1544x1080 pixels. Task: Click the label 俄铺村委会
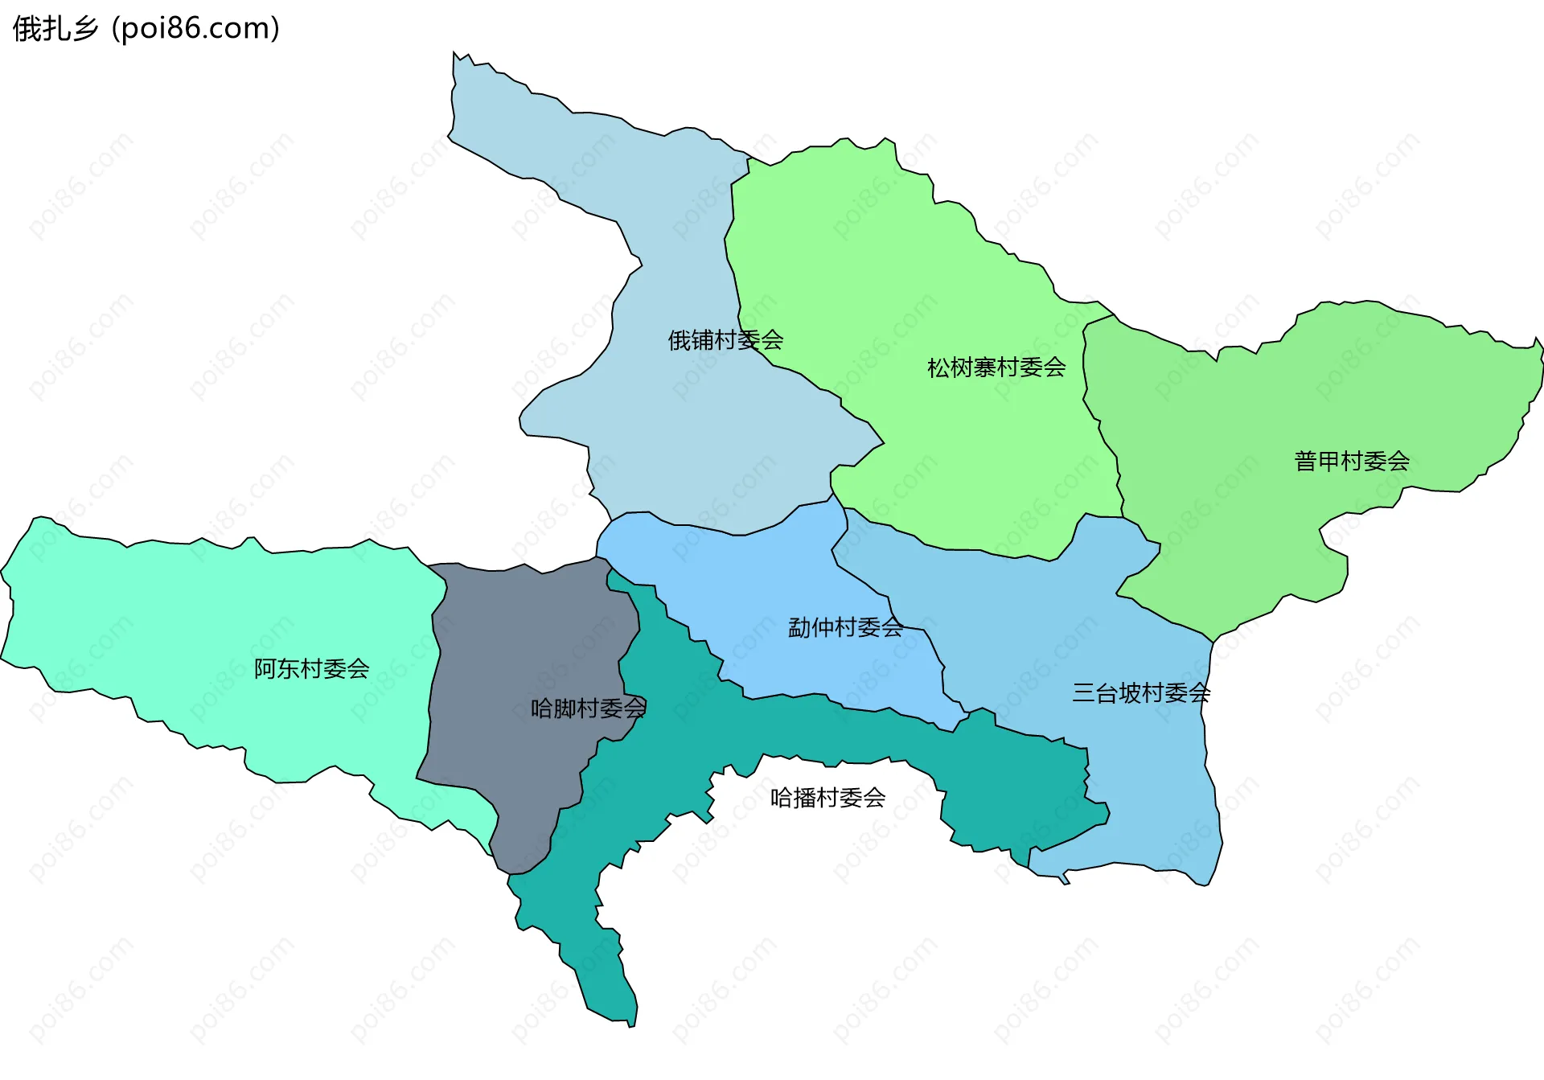[x=725, y=340]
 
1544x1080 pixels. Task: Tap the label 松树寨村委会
[x=996, y=368]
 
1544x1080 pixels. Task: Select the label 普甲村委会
[x=1352, y=461]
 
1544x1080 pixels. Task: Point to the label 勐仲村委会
[x=845, y=627]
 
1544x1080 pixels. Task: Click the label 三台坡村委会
[x=1141, y=692]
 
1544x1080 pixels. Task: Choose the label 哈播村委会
[x=827, y=797]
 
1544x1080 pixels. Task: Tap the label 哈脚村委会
[x=588, y=708]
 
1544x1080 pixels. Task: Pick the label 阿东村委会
[x=311, y=668]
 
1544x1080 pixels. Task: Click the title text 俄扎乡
[x=55, y=29]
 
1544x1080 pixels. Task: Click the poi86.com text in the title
[x=195, y=29]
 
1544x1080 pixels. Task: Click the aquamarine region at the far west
[x=201, y=611]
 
